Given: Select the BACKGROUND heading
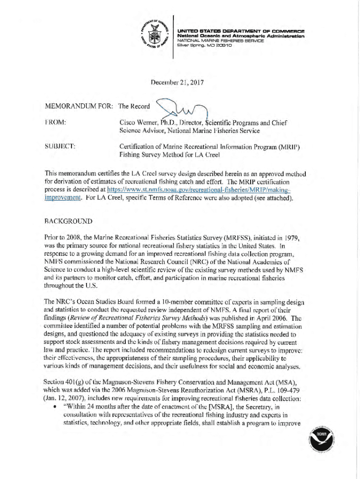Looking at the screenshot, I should pos(69,220).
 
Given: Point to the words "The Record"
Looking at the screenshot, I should pos(134,106).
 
